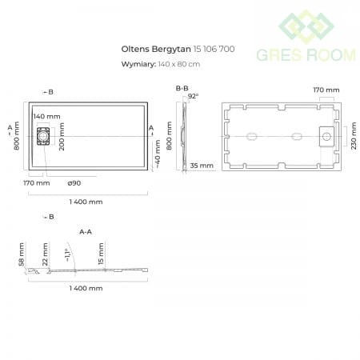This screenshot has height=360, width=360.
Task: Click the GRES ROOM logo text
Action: (306, 55)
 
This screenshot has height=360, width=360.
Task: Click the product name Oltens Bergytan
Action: (156, 49)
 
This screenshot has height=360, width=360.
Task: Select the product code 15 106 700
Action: (214, 49)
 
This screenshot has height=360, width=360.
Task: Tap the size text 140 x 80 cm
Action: (179, 64)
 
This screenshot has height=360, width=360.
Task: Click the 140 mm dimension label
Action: (47, 116)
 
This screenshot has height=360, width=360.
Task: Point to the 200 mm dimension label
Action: (62, 137)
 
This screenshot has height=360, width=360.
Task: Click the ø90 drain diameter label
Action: (74, 183)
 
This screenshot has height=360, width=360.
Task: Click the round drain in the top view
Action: (43, 136)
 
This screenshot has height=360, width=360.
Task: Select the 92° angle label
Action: (193, 96)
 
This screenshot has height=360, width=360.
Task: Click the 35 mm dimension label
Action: (202, 166)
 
